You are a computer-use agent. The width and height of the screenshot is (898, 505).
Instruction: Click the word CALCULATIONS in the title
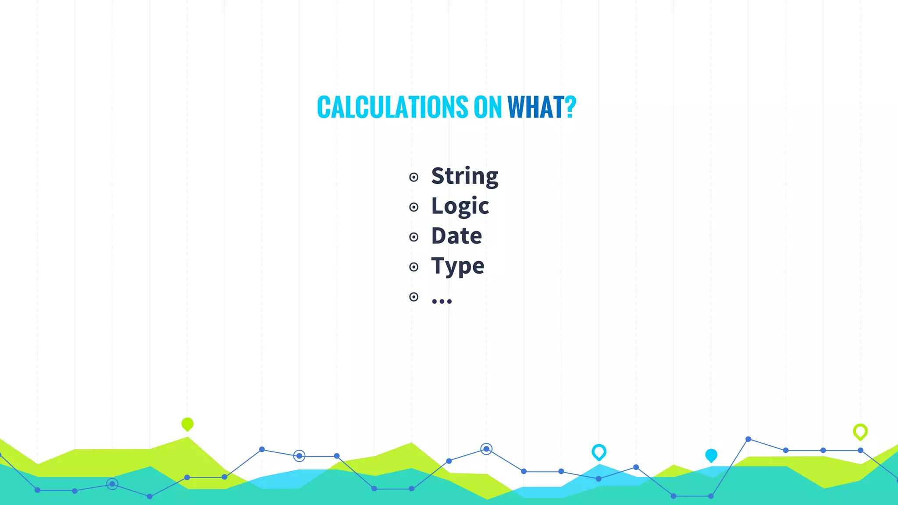click(x=392, y=107)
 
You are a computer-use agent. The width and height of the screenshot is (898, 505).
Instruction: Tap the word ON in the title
click(x=488, y=107)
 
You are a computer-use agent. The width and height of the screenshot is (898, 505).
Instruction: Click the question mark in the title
click(x=570, y=107)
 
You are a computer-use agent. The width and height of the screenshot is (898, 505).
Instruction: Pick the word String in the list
click(x=465, y=176)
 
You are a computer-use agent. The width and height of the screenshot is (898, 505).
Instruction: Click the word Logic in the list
click(x=460, y=206)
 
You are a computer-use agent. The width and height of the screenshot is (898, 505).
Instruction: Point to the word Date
click(x=456, y=236)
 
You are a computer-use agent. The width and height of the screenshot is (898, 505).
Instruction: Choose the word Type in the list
click(x=457, y=266)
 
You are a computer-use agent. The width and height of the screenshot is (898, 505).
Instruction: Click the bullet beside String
click(x=413, y=177)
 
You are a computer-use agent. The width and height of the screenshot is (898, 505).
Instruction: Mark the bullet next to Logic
click(x=413, y=207)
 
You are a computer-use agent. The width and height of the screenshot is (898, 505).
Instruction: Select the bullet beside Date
click(x=413, y=237)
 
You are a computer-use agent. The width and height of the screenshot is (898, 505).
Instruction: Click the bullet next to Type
click(x=413, y=267)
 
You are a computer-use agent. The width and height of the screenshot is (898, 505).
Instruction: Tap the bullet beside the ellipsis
click(x=413, y=297)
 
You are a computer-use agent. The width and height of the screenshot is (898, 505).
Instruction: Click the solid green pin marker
click(x=187, y=424)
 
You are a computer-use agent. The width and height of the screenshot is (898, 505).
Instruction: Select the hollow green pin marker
click(x=860, y=431)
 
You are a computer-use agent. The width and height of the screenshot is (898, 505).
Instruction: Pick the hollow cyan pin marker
click(x=599, y=452)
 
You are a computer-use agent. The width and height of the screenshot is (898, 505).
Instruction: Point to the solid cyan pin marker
click(x=711, y=455)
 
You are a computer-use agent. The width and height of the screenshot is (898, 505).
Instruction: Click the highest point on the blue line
click(x=748, y=439)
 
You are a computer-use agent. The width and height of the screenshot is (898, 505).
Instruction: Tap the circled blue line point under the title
click(x=486, y=449)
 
